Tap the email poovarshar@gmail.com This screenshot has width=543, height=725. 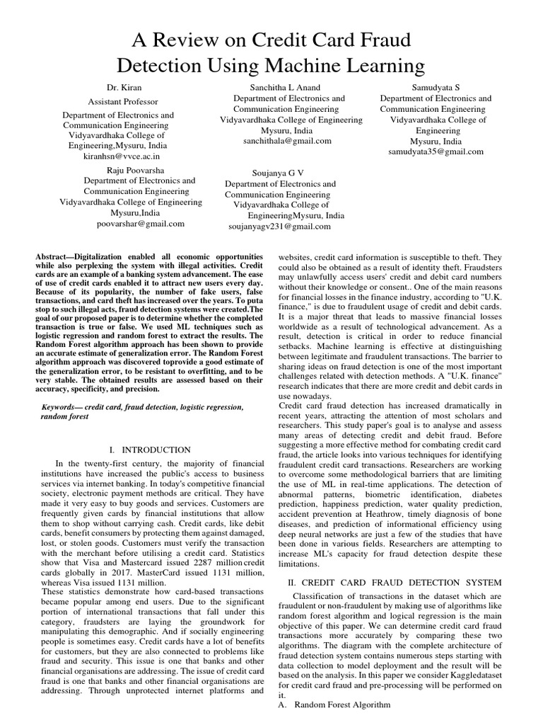coord(141,223)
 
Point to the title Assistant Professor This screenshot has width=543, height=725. coord(122,102)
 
